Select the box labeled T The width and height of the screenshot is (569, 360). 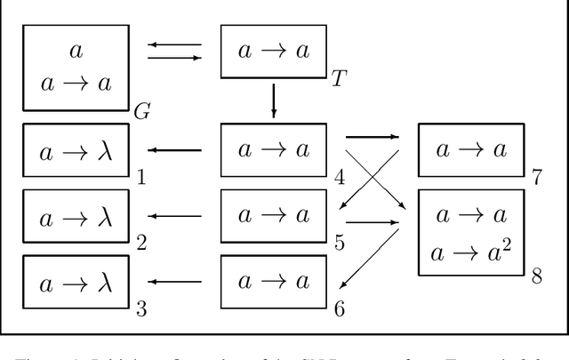(273, 52)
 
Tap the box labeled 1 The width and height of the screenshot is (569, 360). (76, 150)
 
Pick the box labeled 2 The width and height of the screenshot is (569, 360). (76, 215)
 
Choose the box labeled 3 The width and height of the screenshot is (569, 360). (76, 282)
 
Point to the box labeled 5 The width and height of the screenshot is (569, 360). (273, 215)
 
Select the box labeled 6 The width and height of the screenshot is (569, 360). (273, 282)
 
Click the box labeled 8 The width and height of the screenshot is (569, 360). (471, 232)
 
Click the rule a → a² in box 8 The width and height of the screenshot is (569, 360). (471, 252)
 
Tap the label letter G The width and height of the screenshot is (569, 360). (141, 112)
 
